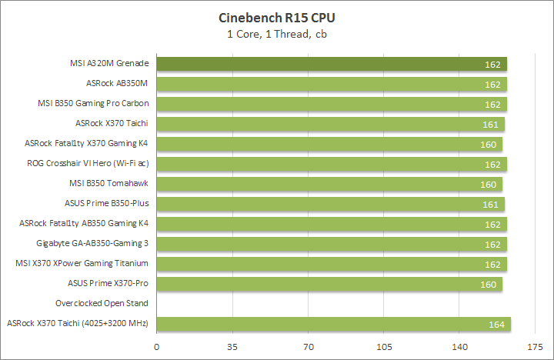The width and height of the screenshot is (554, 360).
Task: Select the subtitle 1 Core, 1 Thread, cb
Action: [x=278, y=34]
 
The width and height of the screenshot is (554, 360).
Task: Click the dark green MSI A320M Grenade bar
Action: [x=332, y=64]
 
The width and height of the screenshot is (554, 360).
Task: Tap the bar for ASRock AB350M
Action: [x=332, y=84]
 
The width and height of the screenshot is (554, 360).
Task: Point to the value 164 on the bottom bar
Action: [x=496, y=325]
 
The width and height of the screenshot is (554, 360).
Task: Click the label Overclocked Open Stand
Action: [x=102, y=303]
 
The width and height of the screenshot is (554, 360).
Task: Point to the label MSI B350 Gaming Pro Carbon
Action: [x=93, y=103]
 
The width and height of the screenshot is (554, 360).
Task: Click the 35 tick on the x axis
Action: [x=232, y=346]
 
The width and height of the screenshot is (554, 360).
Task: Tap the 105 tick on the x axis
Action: [x=384, y=346]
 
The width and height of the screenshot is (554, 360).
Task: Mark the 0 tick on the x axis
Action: [x=158, y=346]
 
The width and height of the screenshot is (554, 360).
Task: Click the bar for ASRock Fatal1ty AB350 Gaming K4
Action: [x=332, y=224]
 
